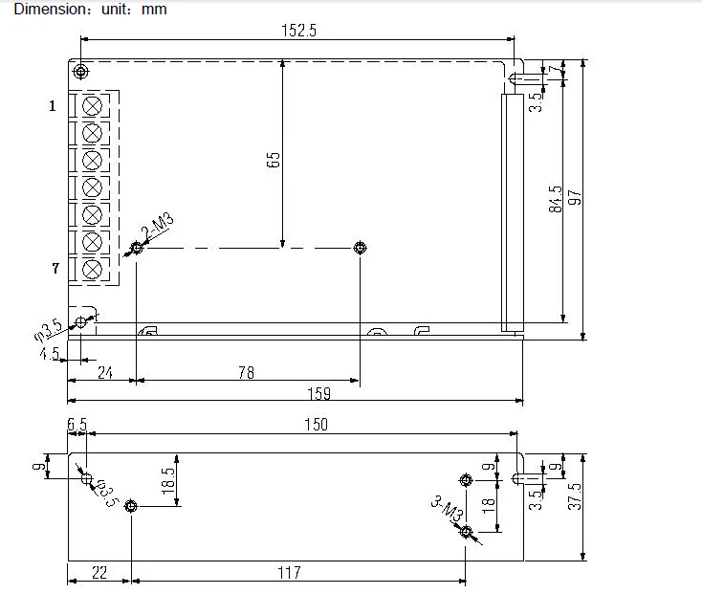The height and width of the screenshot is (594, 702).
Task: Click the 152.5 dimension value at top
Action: pyautogui.click(x=298, y=31)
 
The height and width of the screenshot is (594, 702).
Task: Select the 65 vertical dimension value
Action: pyautogui.click(x=274, y=160)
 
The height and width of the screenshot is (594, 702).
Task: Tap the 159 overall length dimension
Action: pyautogui.click(x=319, y=393)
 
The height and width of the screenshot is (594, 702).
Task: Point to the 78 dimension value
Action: pyautogui.click(x=246, y=372)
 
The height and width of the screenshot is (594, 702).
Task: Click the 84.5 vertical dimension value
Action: pyautogui.click(x=555, y=199)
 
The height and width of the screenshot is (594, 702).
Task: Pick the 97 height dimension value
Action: pyautogui.click(x=575, y=197)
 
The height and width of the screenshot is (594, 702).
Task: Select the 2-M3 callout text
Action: pyautogui.click(x=157, y=227)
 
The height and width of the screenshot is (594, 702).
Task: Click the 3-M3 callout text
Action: pyautogui.click(x=448, y=508)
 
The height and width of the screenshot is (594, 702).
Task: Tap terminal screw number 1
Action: pyautogui.click(x=92, y=106)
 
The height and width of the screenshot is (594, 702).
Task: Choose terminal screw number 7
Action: pyautogui.click(x=92, y=270)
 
